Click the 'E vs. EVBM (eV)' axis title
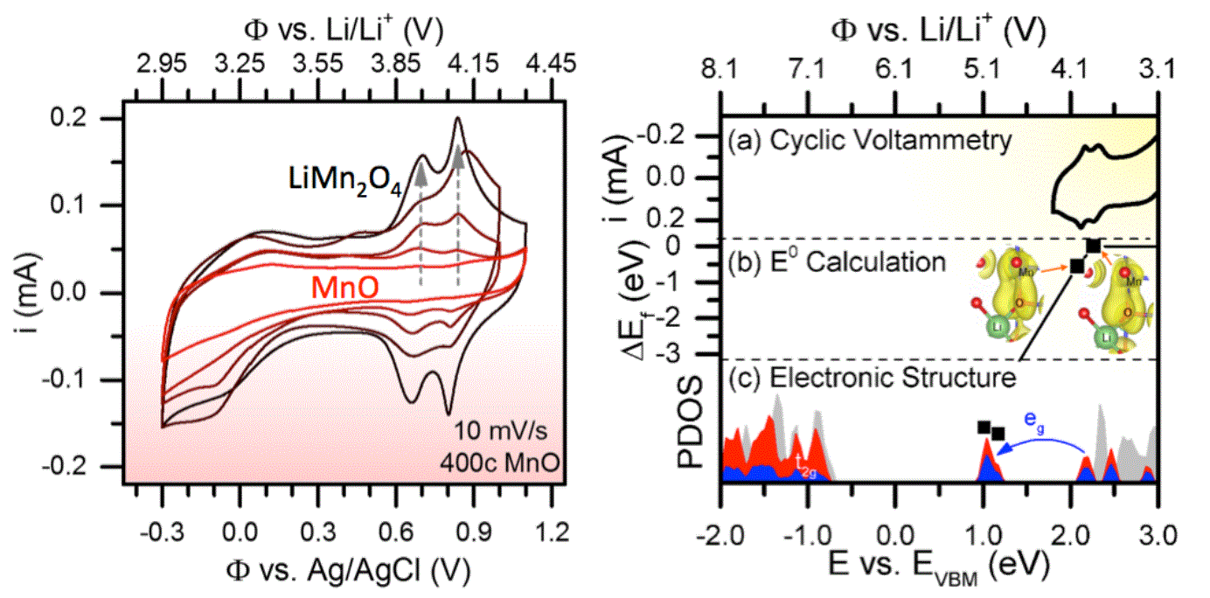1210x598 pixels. point(940,568)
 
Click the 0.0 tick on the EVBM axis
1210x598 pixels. point(895,531)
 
